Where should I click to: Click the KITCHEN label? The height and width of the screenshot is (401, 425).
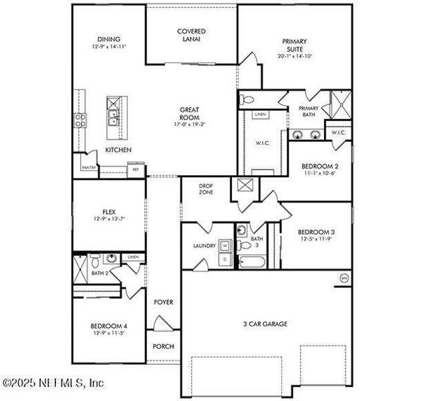click(x=118, y=150)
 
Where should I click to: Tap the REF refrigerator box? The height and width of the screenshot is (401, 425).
click(x=136, y=170)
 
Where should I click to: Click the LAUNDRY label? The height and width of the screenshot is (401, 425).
click(x=204, y=246)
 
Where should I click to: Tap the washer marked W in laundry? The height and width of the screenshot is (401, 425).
click(x=225, y=245)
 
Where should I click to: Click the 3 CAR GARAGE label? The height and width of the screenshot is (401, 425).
click(x=265, y=324)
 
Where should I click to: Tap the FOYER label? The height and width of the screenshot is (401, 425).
click(x=163, y=302)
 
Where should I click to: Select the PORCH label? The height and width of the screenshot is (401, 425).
click(x=163, y=346)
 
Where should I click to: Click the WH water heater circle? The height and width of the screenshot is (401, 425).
click(x=344, y=278)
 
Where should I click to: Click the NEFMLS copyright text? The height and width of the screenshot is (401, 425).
click(x=53, y=384)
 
